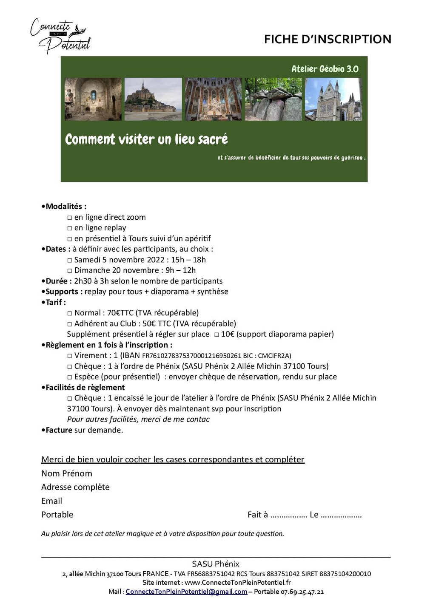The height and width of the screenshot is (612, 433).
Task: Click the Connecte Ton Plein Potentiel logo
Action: [x=60, y=36]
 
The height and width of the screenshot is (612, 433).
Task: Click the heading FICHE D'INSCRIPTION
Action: [x=327, y=39]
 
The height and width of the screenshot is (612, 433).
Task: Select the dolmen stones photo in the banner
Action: [x=273, y=99]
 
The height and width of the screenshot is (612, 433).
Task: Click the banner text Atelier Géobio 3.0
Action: [x=325, y=69]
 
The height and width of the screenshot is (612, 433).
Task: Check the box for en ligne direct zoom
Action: [x=70, y=218]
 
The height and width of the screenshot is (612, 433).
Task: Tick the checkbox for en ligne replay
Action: [x=70, y=228]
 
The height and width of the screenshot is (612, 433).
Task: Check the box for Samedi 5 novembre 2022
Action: [x=70, y=260]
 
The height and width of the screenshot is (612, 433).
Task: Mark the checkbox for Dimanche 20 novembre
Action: [x=70, y=271]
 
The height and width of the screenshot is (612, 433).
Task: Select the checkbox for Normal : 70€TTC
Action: [x=70, y=313]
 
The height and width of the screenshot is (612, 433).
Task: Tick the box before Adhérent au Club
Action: [x=70, y=324]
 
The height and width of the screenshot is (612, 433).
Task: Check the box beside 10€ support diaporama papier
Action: [x=216, y=334]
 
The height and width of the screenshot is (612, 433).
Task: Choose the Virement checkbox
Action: [x=70, y=356]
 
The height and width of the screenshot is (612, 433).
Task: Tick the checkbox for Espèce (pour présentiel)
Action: [x=70, y=377]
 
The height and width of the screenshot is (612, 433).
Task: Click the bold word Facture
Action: [x=59, y=430]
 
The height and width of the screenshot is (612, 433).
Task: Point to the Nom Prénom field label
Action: [x=67, y=473]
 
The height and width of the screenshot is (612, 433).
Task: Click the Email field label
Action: [x=51, y=501]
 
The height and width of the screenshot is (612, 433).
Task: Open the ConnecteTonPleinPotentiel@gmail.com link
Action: [x=186, y=592]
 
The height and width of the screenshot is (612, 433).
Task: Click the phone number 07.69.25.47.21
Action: [x=302, y=592]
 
